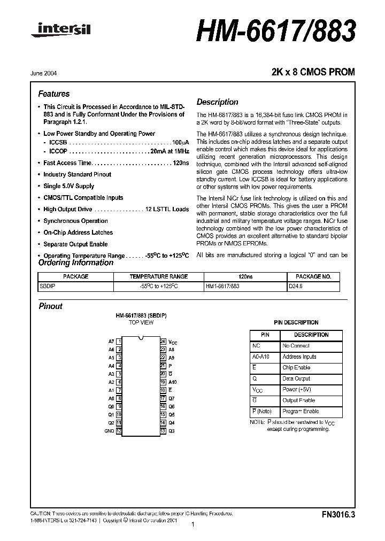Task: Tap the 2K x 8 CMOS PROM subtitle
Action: point(313,72)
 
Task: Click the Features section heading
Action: point(54,94)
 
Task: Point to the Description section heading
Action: point(217,102)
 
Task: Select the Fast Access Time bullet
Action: point(116,163)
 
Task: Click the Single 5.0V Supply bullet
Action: point(68,186)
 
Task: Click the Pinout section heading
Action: point(51,306)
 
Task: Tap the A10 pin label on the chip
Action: point(172,382)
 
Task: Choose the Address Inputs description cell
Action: point(299,357)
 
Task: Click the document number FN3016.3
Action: point(338,515)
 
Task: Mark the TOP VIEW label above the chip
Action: point(141,323)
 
